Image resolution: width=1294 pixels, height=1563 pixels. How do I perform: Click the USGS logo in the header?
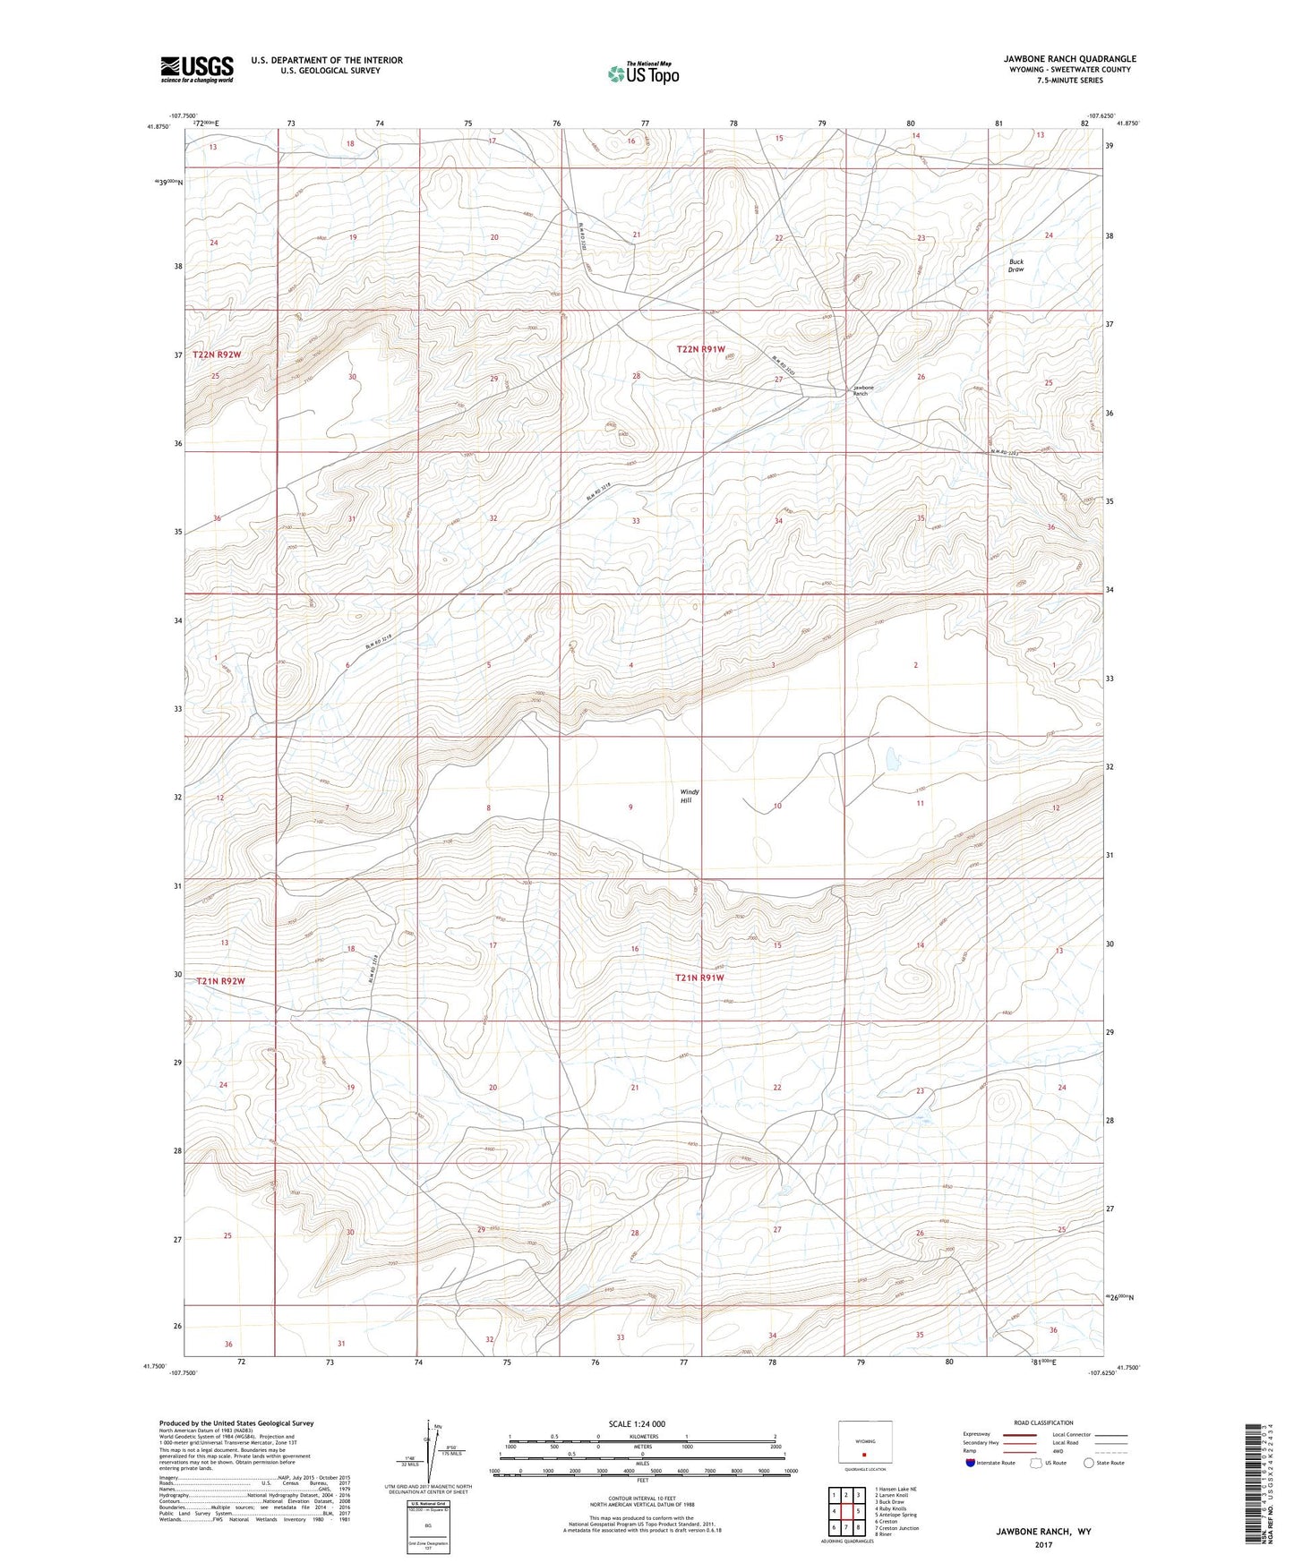point(197,68)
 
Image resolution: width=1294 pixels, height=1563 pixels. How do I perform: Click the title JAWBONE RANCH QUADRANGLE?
point(1069,59)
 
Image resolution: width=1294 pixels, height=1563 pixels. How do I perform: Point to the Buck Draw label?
point(1015,266)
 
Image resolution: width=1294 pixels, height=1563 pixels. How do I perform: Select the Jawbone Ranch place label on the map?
point(861,390)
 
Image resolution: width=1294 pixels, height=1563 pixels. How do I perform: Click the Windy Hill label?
point(690,796)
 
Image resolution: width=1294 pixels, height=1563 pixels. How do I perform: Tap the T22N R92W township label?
point(218,355)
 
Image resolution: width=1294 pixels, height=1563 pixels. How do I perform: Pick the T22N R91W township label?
point(700,349)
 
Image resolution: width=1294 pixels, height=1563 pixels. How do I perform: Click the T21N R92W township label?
point(220,981)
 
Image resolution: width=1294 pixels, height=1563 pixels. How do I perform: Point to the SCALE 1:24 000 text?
point(637,1424)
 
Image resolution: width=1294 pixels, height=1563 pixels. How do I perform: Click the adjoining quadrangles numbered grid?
point(846,1512)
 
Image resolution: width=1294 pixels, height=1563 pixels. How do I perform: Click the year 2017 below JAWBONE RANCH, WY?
point(1043,1544)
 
